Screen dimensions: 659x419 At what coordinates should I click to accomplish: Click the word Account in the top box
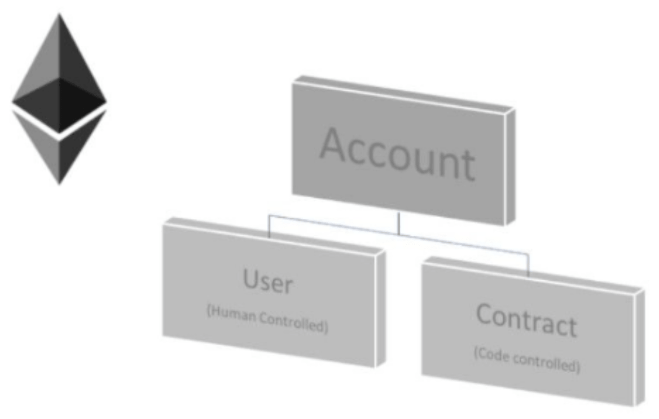(398, 155)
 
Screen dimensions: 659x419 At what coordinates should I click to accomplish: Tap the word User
(268, 281)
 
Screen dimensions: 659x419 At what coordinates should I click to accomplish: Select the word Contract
(526, 320)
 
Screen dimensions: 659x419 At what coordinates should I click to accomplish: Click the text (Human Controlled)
(267, 319)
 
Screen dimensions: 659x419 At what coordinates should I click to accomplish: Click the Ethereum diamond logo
(59, 99)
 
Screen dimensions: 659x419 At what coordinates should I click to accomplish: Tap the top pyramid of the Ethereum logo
(59, 73)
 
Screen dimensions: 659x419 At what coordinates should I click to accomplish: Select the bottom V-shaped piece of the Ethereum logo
(59, 147)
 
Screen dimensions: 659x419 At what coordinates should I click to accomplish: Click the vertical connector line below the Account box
(398, 223)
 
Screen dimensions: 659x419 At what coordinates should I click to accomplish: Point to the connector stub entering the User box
(269, 227)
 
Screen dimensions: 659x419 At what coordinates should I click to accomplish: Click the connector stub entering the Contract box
(528, 265)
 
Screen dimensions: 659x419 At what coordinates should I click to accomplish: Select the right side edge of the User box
(381, 308)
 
